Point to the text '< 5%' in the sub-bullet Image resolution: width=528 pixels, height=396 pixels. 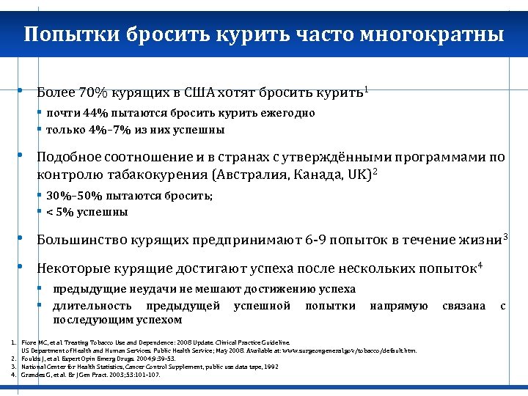point(59,212)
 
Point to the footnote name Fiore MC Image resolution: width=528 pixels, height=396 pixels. point(36,342)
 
